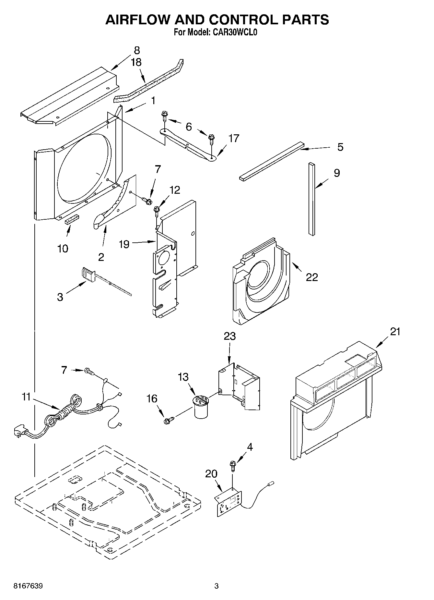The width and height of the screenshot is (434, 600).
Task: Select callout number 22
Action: (x=312, y=277)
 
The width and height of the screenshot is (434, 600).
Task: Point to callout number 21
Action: (x=395, y=332)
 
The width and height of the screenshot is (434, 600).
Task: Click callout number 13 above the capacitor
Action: (x=183, y=377)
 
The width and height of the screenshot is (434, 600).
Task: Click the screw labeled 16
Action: (x=168, y=421)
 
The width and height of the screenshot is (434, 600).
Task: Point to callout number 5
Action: (x=340, y=147)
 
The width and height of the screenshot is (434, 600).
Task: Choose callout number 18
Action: (x=136, y=62)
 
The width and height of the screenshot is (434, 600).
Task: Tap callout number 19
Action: (x=124, y=244)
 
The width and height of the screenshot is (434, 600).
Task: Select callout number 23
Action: (x=229, y=336)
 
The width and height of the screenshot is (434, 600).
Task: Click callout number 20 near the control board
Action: (x=211, y=474)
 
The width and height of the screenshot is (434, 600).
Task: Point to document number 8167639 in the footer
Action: (x=28, y=586)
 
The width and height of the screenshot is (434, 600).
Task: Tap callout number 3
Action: (x=60, y=297)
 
